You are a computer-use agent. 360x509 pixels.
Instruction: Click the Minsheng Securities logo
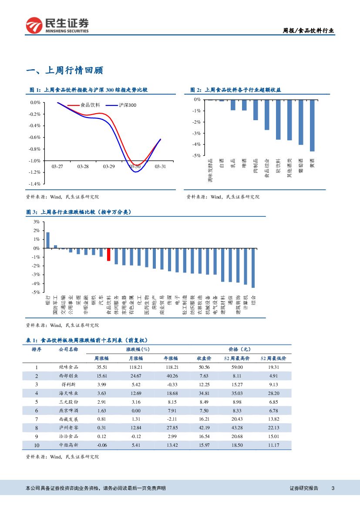coord(57,25)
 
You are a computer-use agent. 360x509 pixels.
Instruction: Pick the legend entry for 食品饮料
coord(90,105)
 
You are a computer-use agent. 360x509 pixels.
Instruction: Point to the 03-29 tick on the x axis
coord(109,166)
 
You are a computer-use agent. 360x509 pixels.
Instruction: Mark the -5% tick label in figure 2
coord(196,155)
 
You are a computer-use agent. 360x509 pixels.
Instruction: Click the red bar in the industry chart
coord(108,254)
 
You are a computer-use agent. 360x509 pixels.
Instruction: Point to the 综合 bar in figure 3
coord(253,268)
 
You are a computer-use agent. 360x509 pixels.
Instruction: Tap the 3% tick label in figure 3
coord(36,222)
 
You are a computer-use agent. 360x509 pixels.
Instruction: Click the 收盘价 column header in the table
coord(204,358)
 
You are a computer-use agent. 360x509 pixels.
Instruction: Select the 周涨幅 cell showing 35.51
coord(101,367)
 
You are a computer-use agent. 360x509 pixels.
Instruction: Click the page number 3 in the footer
coord(333,488)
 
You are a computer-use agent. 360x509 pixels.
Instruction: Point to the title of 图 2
coord(236,90)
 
